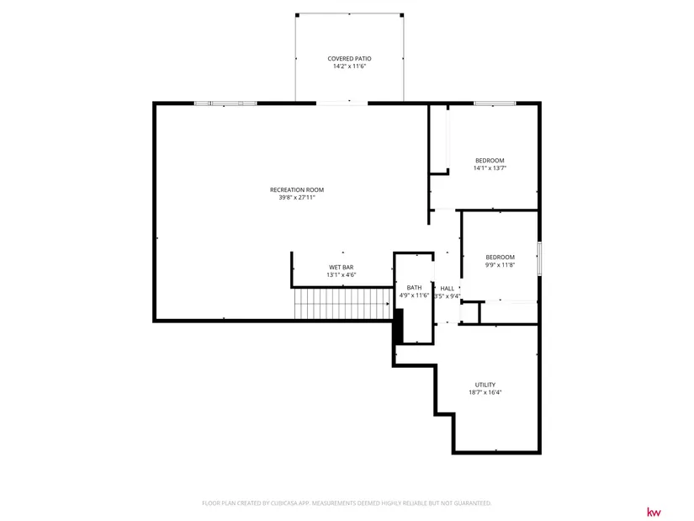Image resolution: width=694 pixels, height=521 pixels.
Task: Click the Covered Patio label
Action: (349, 58)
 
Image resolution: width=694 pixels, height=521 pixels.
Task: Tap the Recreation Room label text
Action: (297, 189)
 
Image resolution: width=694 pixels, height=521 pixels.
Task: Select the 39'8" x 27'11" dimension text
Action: (297, 198)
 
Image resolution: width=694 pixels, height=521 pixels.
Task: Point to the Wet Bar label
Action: (342, 267)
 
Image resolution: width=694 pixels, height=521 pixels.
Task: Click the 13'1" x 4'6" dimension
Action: (342, 274)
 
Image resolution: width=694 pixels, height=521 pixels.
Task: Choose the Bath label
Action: (414, 288)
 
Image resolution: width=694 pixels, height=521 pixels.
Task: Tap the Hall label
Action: (447, 289)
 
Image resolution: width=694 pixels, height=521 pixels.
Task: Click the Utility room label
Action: (485, 385)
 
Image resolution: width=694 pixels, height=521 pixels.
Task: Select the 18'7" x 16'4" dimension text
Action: (485, 392)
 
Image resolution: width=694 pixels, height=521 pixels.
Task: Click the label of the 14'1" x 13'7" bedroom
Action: (490, 161)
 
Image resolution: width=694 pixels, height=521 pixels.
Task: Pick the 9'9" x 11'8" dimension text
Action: (501, 265)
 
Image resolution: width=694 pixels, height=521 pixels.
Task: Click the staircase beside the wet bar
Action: (343, 304)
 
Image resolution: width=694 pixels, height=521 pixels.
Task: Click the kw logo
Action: (654, 512)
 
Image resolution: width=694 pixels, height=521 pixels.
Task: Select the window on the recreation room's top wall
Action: (225, 104)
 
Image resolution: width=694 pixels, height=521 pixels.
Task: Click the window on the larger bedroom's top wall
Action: (495, 104)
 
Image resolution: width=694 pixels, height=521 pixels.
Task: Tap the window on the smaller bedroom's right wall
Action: (539, 258)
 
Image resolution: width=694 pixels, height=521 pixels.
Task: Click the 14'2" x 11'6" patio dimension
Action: (349, 66)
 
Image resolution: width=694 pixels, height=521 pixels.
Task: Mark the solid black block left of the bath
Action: (399, 327)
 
